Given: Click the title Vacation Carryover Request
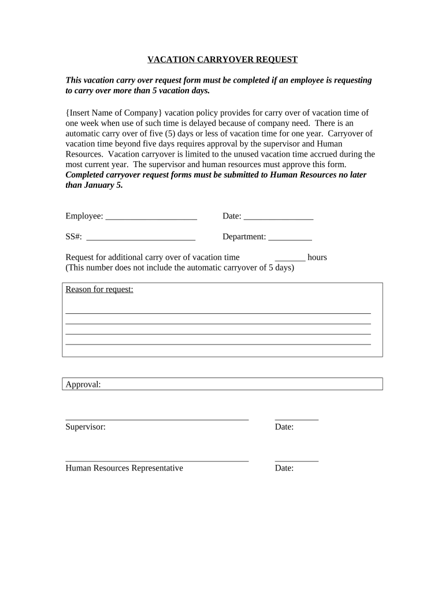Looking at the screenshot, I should click(x=222, y=60).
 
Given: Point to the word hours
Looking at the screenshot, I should click(x=317, y=257).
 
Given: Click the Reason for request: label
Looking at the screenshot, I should click(x=99, y=289).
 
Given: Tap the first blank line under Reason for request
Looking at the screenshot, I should click(x=218, y=312).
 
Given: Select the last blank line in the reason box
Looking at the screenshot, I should click(x=218, y=344).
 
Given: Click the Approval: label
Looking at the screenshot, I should click(x=83, y=384).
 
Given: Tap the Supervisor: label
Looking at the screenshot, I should click(x=86, y=427).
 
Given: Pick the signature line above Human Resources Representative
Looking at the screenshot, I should click(x=157, y=460).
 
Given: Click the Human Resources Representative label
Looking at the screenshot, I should click(x=124, y=468).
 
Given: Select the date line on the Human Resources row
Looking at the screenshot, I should click(x=296, y=460).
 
